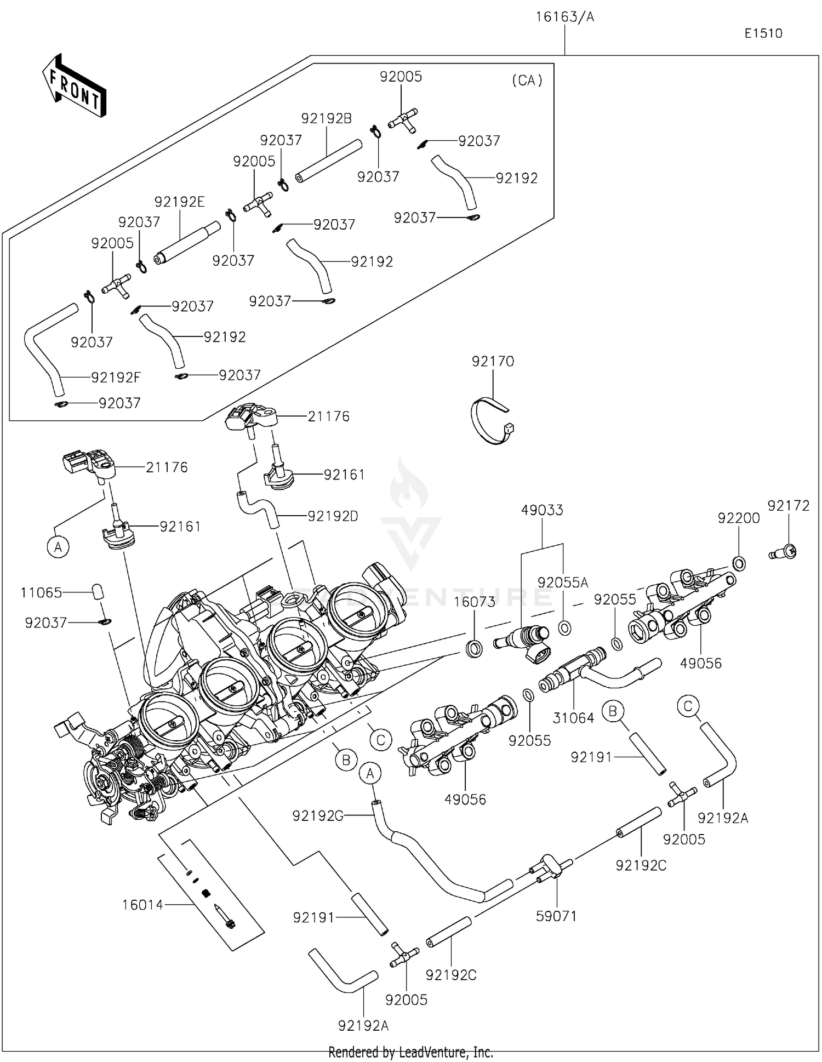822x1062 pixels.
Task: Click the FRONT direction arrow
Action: pos(73,85)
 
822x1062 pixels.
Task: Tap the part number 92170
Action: pos(493,362)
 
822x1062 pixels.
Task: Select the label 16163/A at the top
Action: pos(564,17)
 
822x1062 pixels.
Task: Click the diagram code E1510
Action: pos(763,33)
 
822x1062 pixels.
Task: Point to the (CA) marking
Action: pos(527,81)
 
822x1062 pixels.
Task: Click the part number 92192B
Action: pos(327,118)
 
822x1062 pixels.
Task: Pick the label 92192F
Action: pos(116,378)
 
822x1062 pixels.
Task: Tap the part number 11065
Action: pos(42,592)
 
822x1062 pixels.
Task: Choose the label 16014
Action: pos(142,905)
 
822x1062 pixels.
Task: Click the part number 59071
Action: pos(556,916)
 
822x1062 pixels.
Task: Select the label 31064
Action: pos(573,718)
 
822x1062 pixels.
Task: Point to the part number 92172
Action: pos(789,506)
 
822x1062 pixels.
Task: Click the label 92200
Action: pos(739,518)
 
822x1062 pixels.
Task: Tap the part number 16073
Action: pos(475,602)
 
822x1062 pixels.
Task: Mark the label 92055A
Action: pos(563,583)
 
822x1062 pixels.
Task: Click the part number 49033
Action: pos(542,510)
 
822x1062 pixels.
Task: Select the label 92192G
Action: pos(318,816)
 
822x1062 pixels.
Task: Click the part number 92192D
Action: pos(333,516)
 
